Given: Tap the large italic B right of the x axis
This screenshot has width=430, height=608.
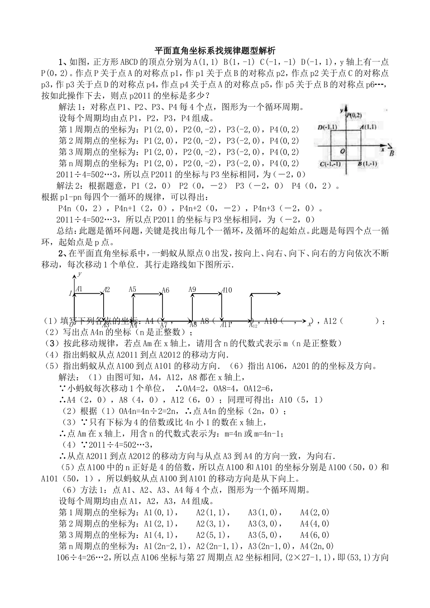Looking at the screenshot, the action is tap(392, 152).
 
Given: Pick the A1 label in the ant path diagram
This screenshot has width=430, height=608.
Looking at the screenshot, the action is tap(79, 289).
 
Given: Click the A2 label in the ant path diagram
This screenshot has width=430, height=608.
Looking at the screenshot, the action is tap(106, 290).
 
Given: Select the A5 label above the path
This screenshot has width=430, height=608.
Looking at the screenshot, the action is tap(133, 289).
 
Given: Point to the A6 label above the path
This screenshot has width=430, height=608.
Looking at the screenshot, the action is tap(165, 290).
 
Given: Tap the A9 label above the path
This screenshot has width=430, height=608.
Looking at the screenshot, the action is tap(192, 289).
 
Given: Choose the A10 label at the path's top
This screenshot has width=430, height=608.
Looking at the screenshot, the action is tap(227, 290).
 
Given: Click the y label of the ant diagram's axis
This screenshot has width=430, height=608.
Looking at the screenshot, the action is tap(80, 274).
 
